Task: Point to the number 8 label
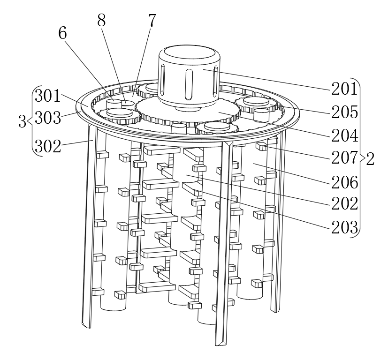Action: (101, 21)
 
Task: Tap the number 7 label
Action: (151, 21)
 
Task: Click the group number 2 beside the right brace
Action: (370, 159)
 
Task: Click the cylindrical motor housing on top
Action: (188, 75)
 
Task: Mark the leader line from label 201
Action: (267, 79)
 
